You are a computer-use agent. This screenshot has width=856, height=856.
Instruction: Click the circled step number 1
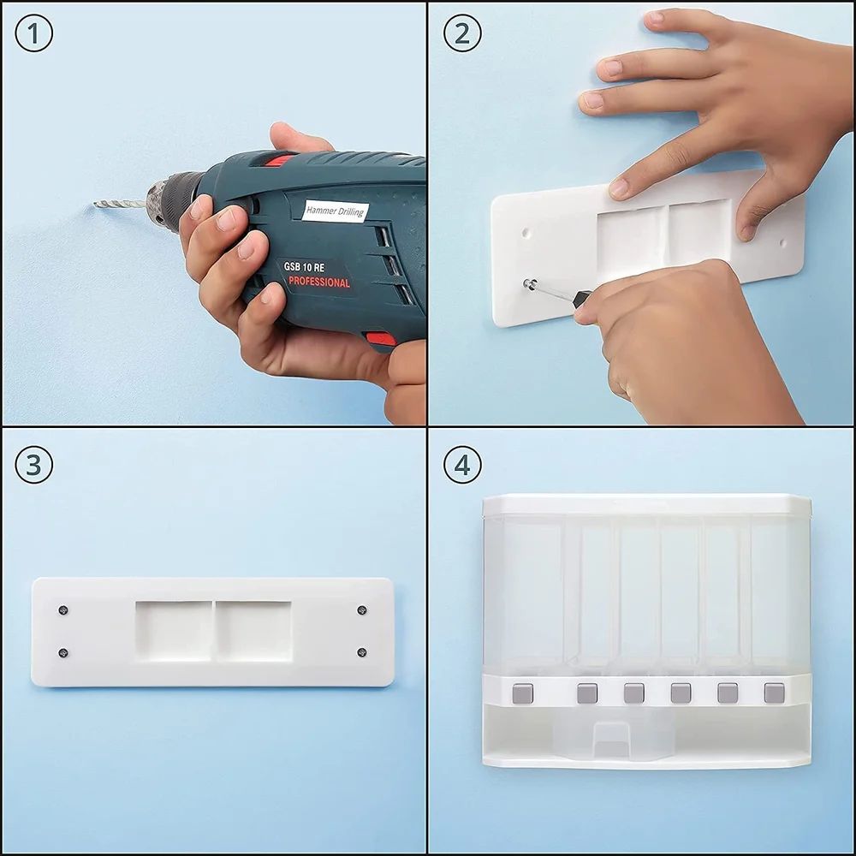[x=34, y=33]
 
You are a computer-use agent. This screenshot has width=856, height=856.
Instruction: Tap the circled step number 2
[x=462, y=33]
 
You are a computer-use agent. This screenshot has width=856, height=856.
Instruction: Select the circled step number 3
[x=34, y=465]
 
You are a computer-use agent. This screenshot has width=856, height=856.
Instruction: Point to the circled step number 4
[x=462, y=465]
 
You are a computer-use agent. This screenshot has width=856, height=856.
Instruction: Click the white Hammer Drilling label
[x=336, y=211]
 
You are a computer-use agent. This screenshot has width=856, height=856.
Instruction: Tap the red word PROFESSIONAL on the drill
[x=318, y=282]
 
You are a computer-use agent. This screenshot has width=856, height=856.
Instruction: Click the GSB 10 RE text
[x=304, y=267]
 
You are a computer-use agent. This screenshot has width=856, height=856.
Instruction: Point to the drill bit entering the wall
[x=119, y=205]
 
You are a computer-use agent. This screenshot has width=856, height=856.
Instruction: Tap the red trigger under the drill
[x=381, y=339]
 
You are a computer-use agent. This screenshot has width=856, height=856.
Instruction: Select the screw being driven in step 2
[x=528, y=284]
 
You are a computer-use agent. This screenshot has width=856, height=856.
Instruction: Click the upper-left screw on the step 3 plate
[x=62, y=609]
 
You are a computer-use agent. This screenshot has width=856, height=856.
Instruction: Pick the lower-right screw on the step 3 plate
[x=361, y=651]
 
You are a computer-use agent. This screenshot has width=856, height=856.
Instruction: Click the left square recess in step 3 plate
[x=174, y=631]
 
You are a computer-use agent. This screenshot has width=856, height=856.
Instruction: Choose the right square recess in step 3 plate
[x=254, y=631]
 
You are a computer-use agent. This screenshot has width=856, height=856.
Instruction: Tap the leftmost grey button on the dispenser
[x=523, y=693]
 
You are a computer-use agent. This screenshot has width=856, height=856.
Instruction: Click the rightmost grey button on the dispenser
[x=774, y=693]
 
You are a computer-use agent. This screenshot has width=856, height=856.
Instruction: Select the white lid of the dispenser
[x=647, y=505]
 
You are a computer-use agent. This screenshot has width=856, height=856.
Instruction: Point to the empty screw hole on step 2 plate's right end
[x=783, y=242]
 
